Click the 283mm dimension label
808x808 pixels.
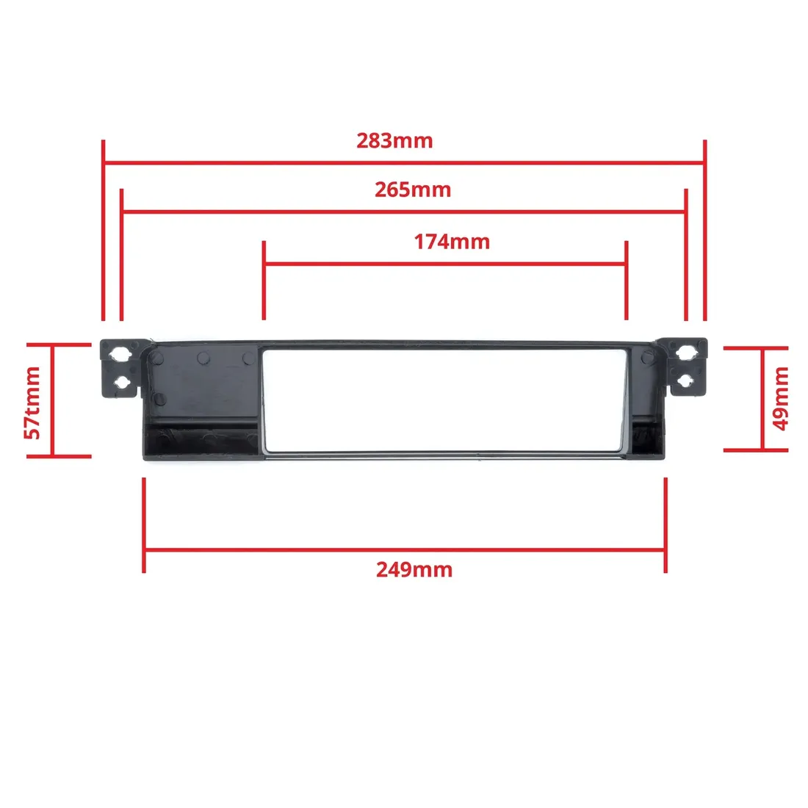tap(394, 140)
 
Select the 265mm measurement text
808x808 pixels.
tap(413, 190)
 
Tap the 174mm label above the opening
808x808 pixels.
tap(452, 241)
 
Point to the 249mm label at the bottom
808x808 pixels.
tap(414, 569)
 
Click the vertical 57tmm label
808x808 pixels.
tap(33, 403)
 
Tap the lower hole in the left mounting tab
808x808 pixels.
tap(122, 383)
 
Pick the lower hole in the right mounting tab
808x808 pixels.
tap(687, 380)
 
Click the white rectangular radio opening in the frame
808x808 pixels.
tap(444, 400)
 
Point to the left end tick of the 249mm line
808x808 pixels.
tap(144, 525)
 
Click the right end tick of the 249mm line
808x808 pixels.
tap(665, 525)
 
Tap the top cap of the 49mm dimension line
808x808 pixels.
tap(756, 348)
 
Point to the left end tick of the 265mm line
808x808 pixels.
tap(121, 253)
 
